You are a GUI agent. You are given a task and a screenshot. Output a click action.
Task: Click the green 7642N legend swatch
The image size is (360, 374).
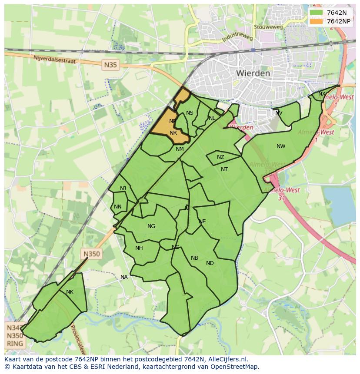[316, 13]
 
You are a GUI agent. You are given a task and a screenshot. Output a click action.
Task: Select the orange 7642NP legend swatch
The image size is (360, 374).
[316, 21]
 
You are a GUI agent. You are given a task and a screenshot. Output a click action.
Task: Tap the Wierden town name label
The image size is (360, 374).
[253, 73]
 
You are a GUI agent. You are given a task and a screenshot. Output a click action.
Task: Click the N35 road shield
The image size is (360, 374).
[110, 65]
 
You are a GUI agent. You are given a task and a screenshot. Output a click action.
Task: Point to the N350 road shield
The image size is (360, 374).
[91, 254]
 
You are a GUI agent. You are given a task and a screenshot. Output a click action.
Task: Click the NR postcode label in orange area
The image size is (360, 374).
[173, 133]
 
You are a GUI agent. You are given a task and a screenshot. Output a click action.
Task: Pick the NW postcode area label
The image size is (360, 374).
[281, 146]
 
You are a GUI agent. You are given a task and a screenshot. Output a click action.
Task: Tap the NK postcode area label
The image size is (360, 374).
[70, 292]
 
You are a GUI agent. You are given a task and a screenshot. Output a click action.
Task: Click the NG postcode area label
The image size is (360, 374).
[151, 226]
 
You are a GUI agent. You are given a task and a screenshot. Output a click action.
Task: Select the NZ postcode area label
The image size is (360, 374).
[220, 157]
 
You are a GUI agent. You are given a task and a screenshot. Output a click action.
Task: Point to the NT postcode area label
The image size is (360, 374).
[224, 169]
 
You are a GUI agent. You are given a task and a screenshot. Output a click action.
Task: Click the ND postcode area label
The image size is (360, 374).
[210, 263]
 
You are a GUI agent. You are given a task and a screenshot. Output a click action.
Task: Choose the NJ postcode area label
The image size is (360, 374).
[123, 188]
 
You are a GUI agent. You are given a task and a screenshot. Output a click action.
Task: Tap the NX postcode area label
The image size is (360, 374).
[322, 94]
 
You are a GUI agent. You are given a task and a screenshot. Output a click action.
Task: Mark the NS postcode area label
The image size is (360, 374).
[190, 113]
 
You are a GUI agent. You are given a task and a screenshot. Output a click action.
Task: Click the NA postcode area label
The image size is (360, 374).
[124, 277]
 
